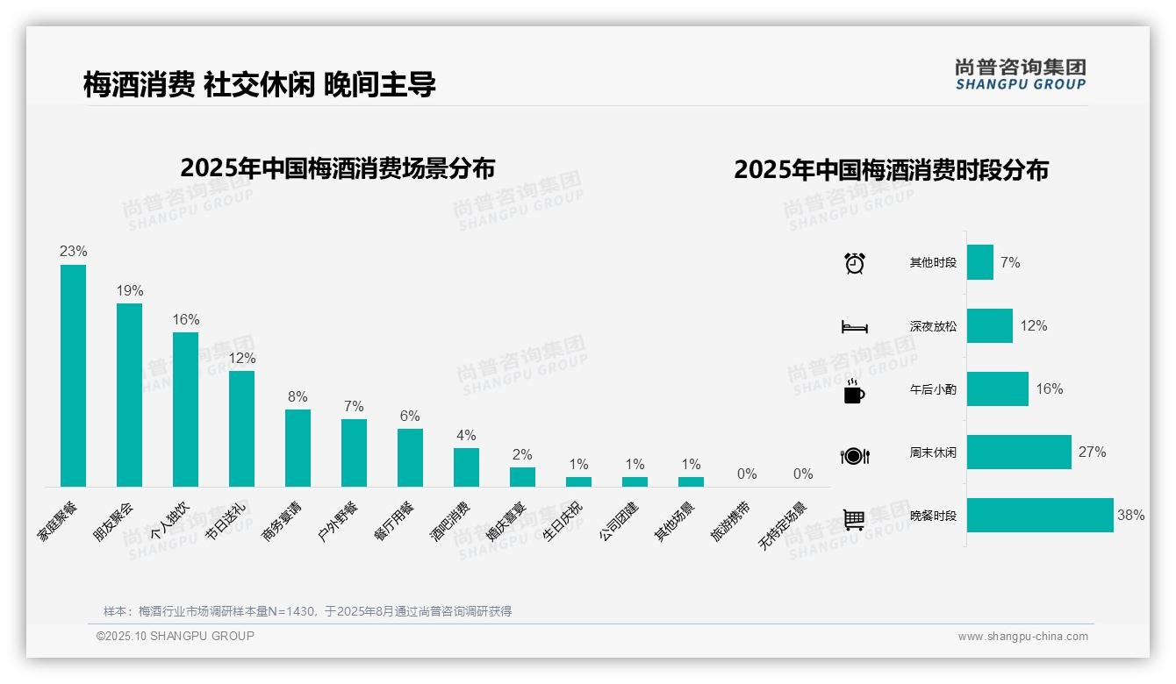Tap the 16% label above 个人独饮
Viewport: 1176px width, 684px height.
coord(186,319)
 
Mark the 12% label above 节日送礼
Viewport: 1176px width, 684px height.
coord(242,358)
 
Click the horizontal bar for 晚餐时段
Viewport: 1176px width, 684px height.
coord(1040,516)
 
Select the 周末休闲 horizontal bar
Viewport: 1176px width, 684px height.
coord(1019,452)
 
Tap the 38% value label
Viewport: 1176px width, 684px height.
coord(1130,516)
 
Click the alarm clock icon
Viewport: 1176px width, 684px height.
coord(855,263)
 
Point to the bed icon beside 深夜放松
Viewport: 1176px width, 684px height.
coord(855,327)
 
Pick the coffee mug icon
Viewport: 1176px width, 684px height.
coord(854,391)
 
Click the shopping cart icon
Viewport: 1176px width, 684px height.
coord(854,519)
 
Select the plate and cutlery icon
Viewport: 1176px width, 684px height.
coord(855,455)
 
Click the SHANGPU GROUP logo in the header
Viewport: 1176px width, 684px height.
coord(1020,75)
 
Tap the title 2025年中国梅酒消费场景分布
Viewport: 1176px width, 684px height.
coord(338,168)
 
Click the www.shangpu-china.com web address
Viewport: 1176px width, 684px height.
coord(1022,637)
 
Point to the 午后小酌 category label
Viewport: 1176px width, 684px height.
coord(933,389)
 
